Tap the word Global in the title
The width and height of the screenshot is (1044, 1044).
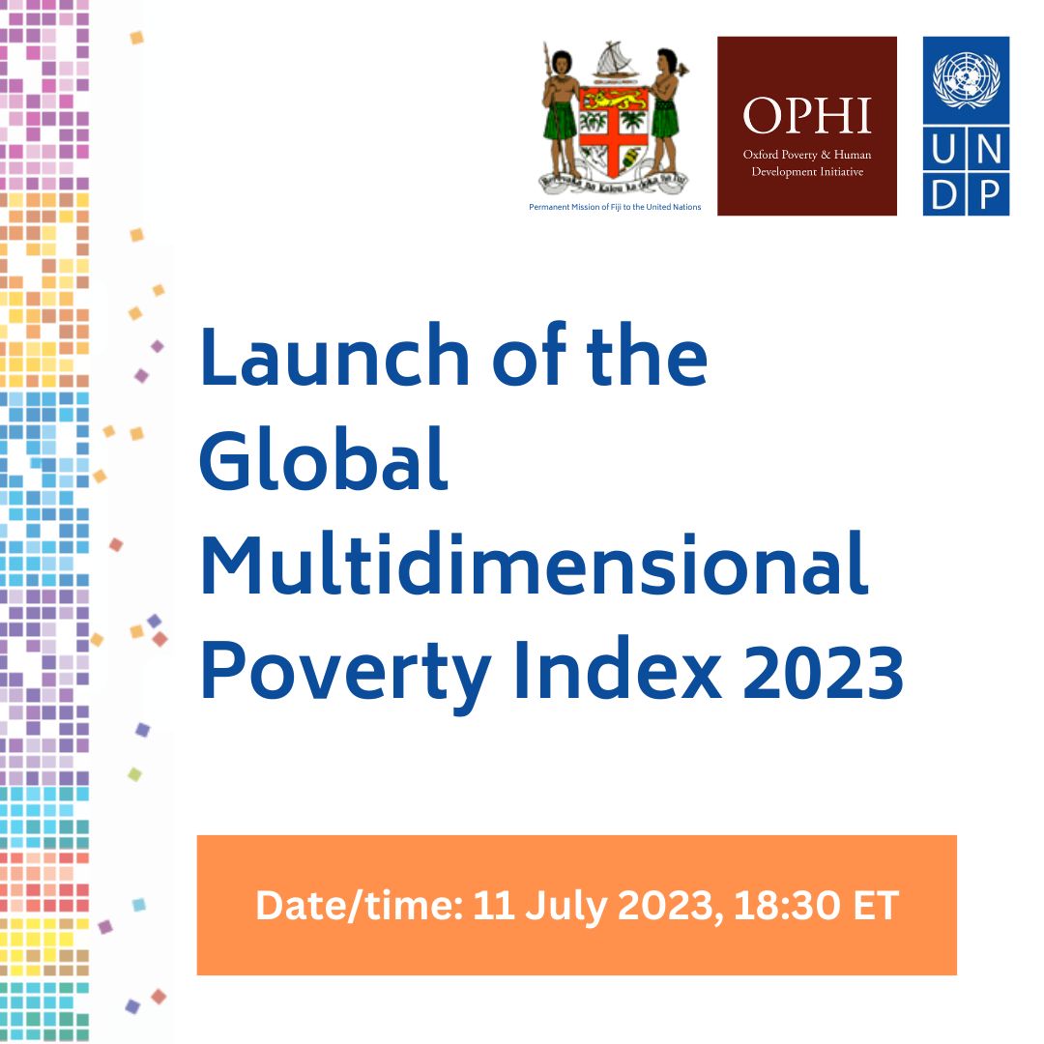click(324, 461)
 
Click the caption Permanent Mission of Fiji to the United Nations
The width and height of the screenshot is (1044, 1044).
click(616, 208)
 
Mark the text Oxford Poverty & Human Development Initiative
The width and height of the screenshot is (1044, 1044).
click(807, 162)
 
